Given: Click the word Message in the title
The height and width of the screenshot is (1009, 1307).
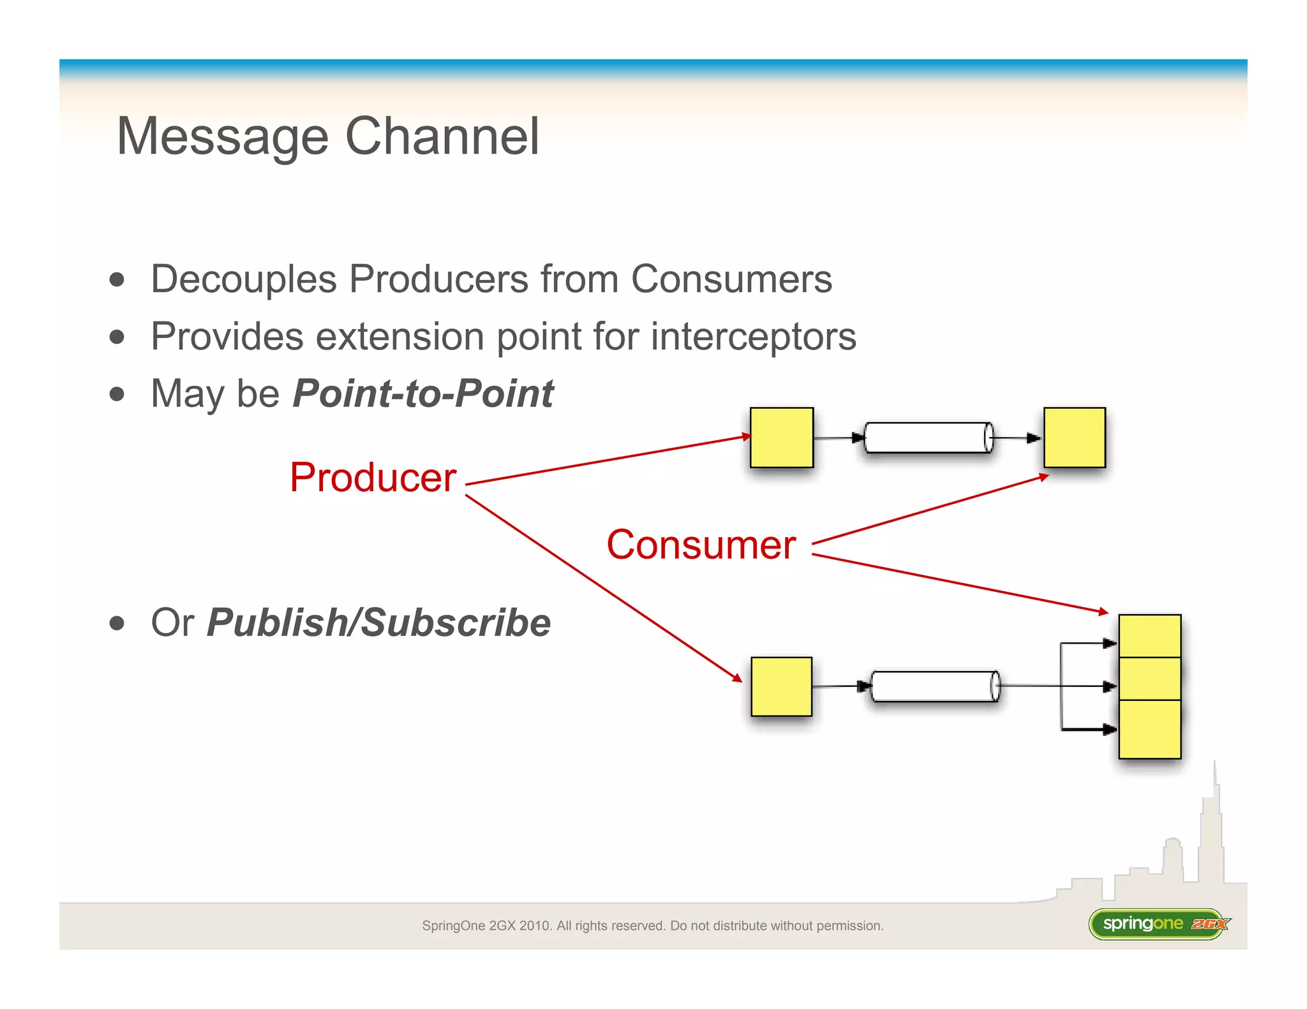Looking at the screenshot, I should click(223, 137).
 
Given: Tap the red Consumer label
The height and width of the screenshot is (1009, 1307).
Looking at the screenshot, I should click(701, 545).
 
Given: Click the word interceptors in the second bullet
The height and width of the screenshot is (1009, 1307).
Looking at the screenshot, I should click(753, 336).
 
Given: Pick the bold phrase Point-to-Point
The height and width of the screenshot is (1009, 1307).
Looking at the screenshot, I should click(423, 394).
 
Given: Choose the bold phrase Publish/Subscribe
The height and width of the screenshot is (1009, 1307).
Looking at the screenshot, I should click(379, 622).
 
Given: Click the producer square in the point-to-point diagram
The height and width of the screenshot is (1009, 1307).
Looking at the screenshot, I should click(781, 438).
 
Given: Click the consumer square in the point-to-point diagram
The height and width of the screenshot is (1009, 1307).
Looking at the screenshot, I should click(1074, 438).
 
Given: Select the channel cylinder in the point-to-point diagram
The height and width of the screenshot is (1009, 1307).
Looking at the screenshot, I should click(928, 438).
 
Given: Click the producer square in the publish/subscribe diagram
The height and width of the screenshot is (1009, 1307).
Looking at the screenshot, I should click(781, 686).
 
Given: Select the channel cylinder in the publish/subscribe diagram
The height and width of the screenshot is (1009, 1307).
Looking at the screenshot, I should click(935, 686).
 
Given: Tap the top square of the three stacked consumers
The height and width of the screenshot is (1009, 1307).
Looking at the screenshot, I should click(1149, 636).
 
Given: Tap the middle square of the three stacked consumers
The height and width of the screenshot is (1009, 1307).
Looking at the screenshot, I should click(1149, 679).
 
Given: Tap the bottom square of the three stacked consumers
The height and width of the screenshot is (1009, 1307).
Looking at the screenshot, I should click(1149, 729).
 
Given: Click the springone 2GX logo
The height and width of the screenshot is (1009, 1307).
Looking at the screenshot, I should click(1158, 924).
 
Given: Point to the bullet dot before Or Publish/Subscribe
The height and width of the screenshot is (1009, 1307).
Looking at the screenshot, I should click(117, 623).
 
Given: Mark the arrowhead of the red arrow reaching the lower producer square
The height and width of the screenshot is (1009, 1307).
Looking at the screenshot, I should click(738, 678).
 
